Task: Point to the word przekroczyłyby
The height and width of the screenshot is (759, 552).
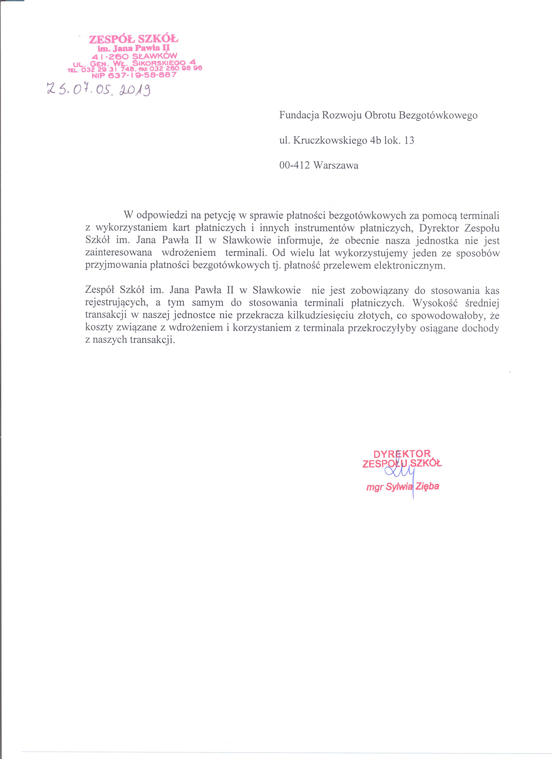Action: click(383, 328)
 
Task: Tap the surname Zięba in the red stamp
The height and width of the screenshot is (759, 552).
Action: click(427, 487)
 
